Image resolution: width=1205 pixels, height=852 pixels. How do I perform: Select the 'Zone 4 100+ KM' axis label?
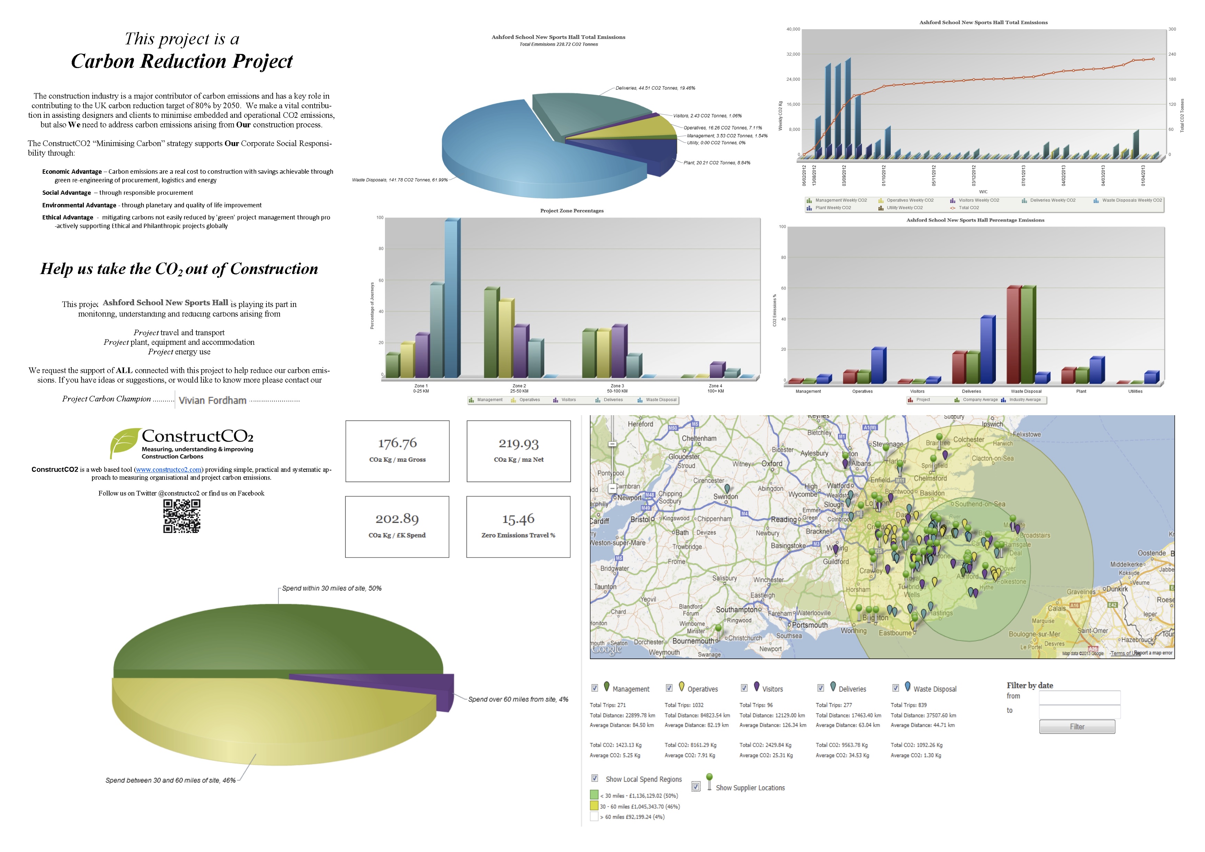715,388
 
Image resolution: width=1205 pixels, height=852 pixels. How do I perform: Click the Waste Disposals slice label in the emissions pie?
399,180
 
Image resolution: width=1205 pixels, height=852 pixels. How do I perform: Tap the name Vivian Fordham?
213,400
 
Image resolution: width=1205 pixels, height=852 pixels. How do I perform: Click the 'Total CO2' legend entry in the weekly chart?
968,208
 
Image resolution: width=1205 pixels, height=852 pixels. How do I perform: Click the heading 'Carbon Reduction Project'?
182,61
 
